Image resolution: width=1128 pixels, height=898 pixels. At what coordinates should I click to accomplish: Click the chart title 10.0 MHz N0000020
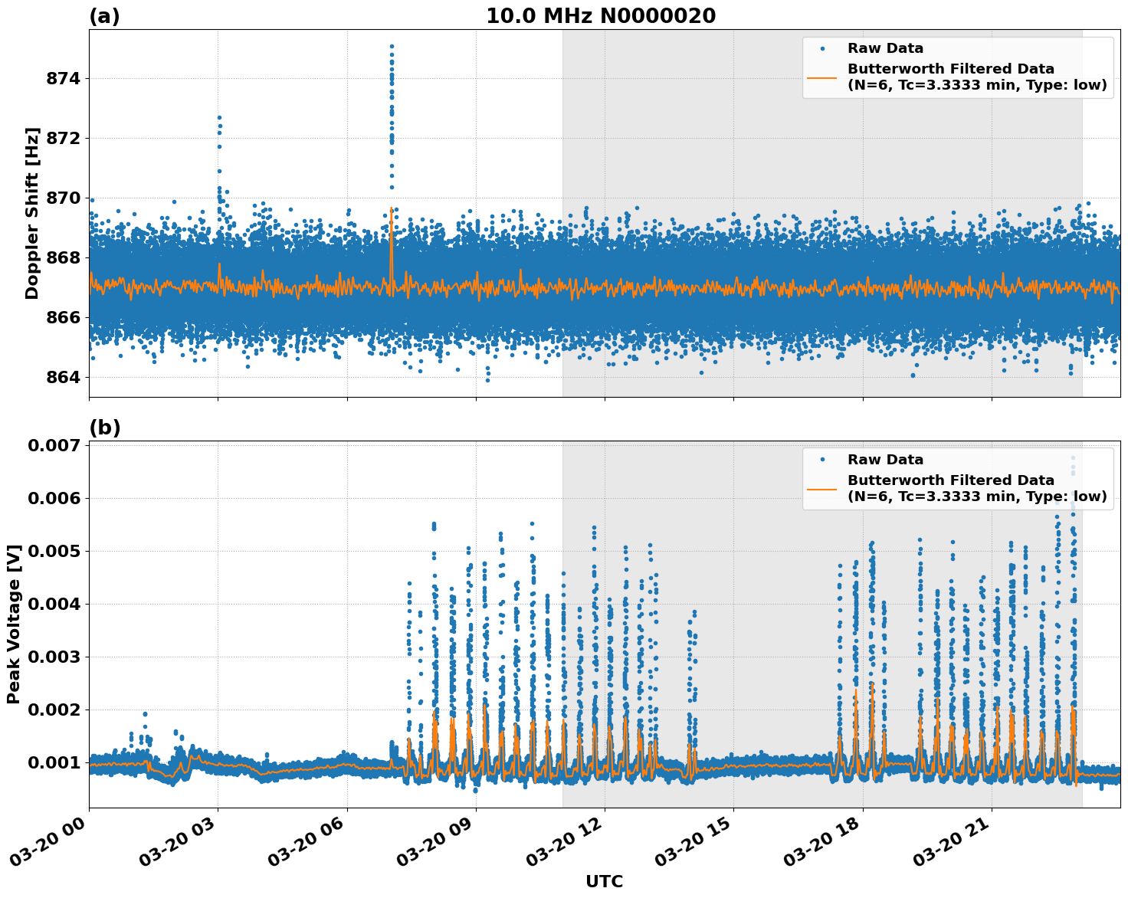click(x=601, y=16)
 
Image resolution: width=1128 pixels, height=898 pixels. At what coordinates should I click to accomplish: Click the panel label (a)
click(x=104, y=16)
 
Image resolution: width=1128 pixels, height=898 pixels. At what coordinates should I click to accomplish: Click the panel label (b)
click(x=104, y=428)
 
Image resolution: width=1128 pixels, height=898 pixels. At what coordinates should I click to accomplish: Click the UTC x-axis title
click(x=604, y=882)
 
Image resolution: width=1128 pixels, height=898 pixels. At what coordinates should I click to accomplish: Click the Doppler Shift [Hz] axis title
click(x=32, y=213)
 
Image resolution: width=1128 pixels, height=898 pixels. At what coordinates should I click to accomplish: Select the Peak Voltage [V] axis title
click(x=14, y=624)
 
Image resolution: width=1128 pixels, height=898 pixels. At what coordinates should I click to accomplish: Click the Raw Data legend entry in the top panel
click(x=885, y=49)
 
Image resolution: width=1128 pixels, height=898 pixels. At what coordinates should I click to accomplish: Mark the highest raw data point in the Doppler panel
click(x=392, y=46)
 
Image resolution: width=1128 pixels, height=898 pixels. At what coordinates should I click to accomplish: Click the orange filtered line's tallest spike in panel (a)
click(x=392, y=208)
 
